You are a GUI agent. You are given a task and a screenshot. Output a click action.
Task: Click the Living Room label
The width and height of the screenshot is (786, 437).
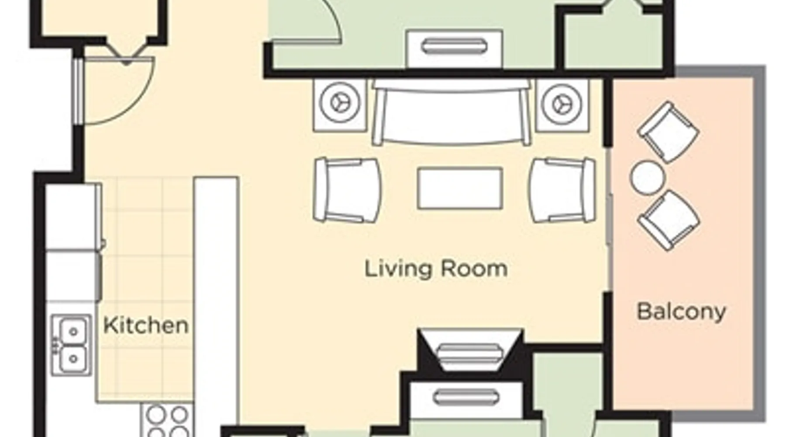[436, 268]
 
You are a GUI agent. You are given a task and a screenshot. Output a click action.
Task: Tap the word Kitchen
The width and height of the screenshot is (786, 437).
[146, 325]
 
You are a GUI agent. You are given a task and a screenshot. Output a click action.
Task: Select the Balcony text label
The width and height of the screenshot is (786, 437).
[681, 312]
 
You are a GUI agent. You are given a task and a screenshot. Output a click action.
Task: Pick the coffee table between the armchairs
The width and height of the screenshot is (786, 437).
[460, 188]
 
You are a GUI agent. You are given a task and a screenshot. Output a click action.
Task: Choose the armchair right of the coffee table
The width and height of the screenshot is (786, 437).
[562, 190]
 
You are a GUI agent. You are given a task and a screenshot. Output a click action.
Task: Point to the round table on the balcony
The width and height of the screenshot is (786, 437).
[648, 177]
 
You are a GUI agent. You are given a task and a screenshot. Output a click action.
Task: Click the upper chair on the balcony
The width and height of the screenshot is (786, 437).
[668, 132]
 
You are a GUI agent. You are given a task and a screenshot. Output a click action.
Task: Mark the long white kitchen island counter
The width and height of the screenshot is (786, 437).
[217, 306]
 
